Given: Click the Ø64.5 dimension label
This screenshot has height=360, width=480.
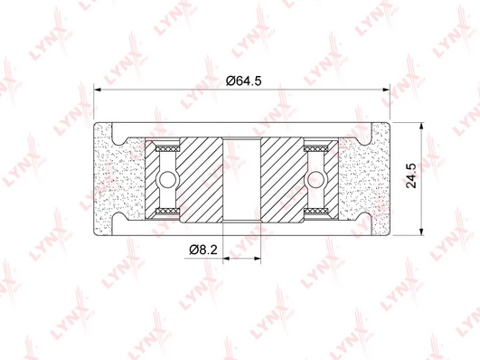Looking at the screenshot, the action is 244,81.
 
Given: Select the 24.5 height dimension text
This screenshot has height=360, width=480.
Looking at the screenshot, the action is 411,175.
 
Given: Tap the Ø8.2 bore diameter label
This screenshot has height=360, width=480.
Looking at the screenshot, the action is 203,250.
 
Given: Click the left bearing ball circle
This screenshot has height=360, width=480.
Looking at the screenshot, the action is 167,179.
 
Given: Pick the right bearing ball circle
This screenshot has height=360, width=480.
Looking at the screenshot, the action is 315,179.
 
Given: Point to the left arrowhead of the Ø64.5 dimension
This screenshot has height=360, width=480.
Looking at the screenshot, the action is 98,90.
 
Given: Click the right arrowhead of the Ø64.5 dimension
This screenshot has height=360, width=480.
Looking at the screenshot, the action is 386,90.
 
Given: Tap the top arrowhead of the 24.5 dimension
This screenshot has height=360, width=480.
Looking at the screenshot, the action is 421,127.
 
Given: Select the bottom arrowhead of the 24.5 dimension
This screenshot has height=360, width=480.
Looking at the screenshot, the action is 421,232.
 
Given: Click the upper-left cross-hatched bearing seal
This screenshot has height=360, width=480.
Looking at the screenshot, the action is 167,149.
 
